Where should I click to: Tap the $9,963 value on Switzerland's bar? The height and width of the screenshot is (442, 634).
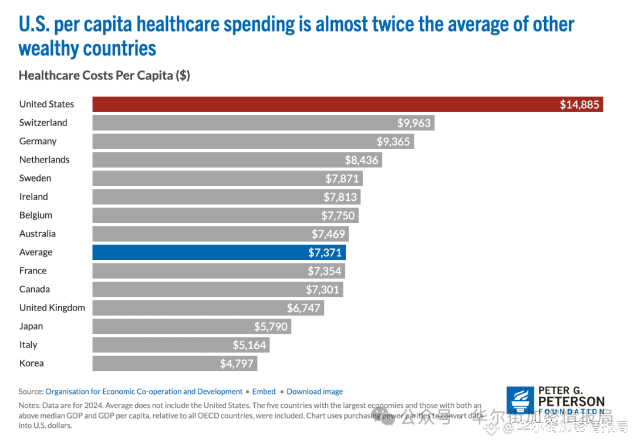point(414,123)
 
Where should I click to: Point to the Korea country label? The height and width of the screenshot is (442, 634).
point(32,363)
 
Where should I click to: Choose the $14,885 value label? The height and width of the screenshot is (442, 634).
point(579,104)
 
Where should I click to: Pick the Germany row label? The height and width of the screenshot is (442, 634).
point(38,141)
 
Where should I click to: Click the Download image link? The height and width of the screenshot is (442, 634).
point(315,392)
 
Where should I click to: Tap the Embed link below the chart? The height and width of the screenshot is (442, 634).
point(264,392)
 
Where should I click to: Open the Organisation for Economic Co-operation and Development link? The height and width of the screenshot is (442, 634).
point(144,392)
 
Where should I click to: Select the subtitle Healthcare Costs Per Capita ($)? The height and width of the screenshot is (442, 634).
point(104,76)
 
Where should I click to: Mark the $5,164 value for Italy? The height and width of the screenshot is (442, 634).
point(249,345)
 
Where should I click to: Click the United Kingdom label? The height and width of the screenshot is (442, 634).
point(52,308)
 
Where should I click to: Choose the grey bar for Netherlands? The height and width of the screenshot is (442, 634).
point(217,160)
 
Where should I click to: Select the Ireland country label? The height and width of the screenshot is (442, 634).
point(33,197)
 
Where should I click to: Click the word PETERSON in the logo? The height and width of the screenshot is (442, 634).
point(571,401)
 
